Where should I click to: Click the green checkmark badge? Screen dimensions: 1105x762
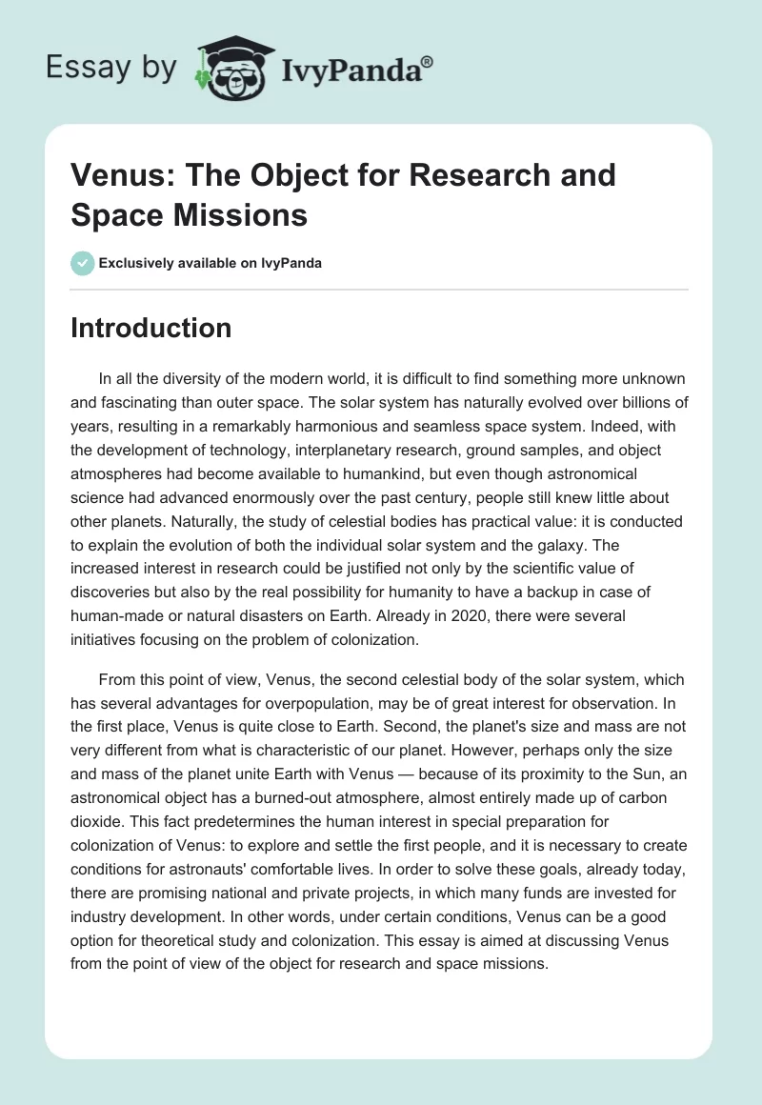pos(83,263)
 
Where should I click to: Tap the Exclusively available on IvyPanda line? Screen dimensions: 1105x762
pos(211,263)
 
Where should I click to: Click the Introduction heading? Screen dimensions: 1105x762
pos(150,328)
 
